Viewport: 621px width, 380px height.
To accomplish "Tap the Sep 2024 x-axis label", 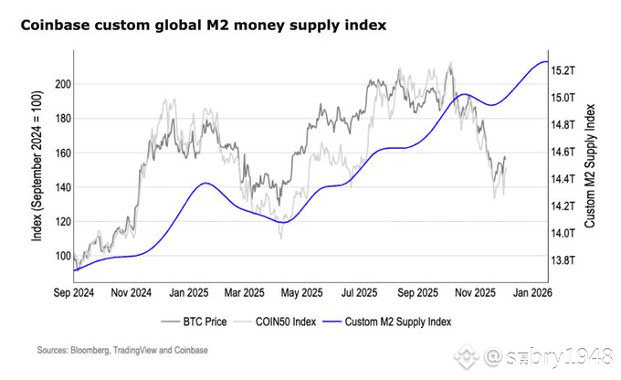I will tap(76, 294).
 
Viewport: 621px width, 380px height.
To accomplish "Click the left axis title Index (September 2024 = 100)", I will tap(37, 172).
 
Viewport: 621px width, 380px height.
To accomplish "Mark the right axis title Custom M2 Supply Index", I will tap(591, 172).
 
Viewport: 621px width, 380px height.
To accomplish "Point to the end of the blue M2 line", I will tap(546, 61).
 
